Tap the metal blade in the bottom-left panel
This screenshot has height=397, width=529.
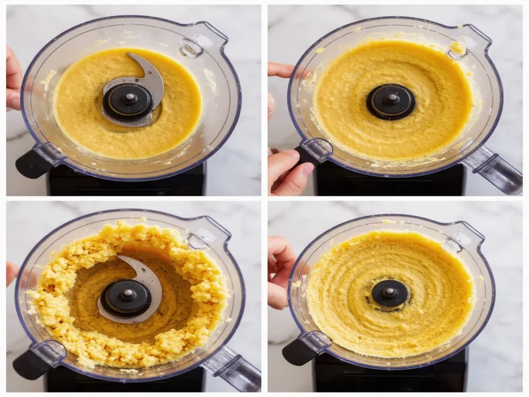click(147, 279)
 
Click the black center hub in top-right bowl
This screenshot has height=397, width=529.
click(391, 102)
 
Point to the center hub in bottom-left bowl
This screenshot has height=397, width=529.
click(126, 298)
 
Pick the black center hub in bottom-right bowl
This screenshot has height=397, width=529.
click(389, 293)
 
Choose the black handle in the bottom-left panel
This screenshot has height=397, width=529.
click(32, 364)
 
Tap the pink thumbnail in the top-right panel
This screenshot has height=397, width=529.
click(307, 169)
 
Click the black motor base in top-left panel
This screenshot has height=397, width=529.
click(126, 182)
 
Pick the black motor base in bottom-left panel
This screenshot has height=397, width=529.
click(126, 380)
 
